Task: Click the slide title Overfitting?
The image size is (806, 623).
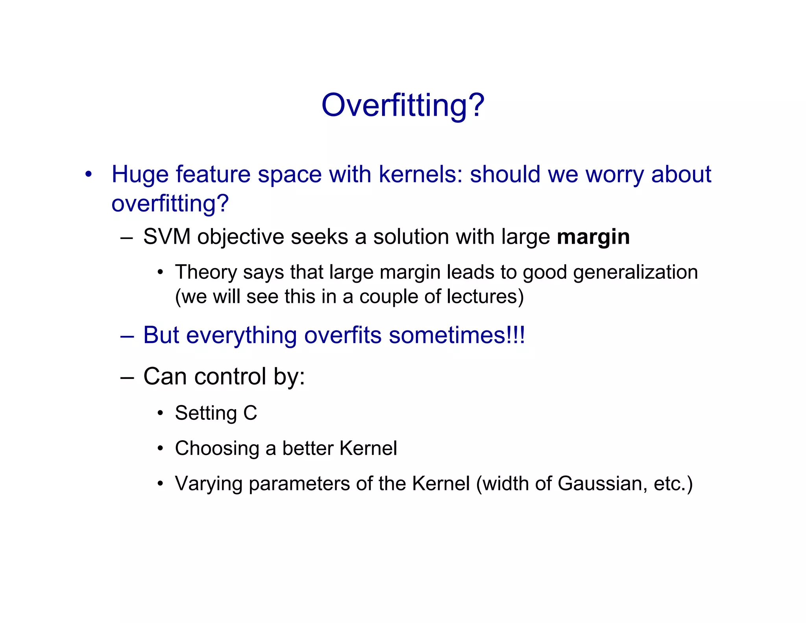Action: tap(403, 106)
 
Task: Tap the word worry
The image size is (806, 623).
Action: tap(614, 174)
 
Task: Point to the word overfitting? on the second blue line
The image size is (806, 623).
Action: tap(170, 204)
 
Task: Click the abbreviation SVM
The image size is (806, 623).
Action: tap(167, 237)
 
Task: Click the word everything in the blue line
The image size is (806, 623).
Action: tap(241, 336)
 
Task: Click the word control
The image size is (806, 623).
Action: tap(230, 376)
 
